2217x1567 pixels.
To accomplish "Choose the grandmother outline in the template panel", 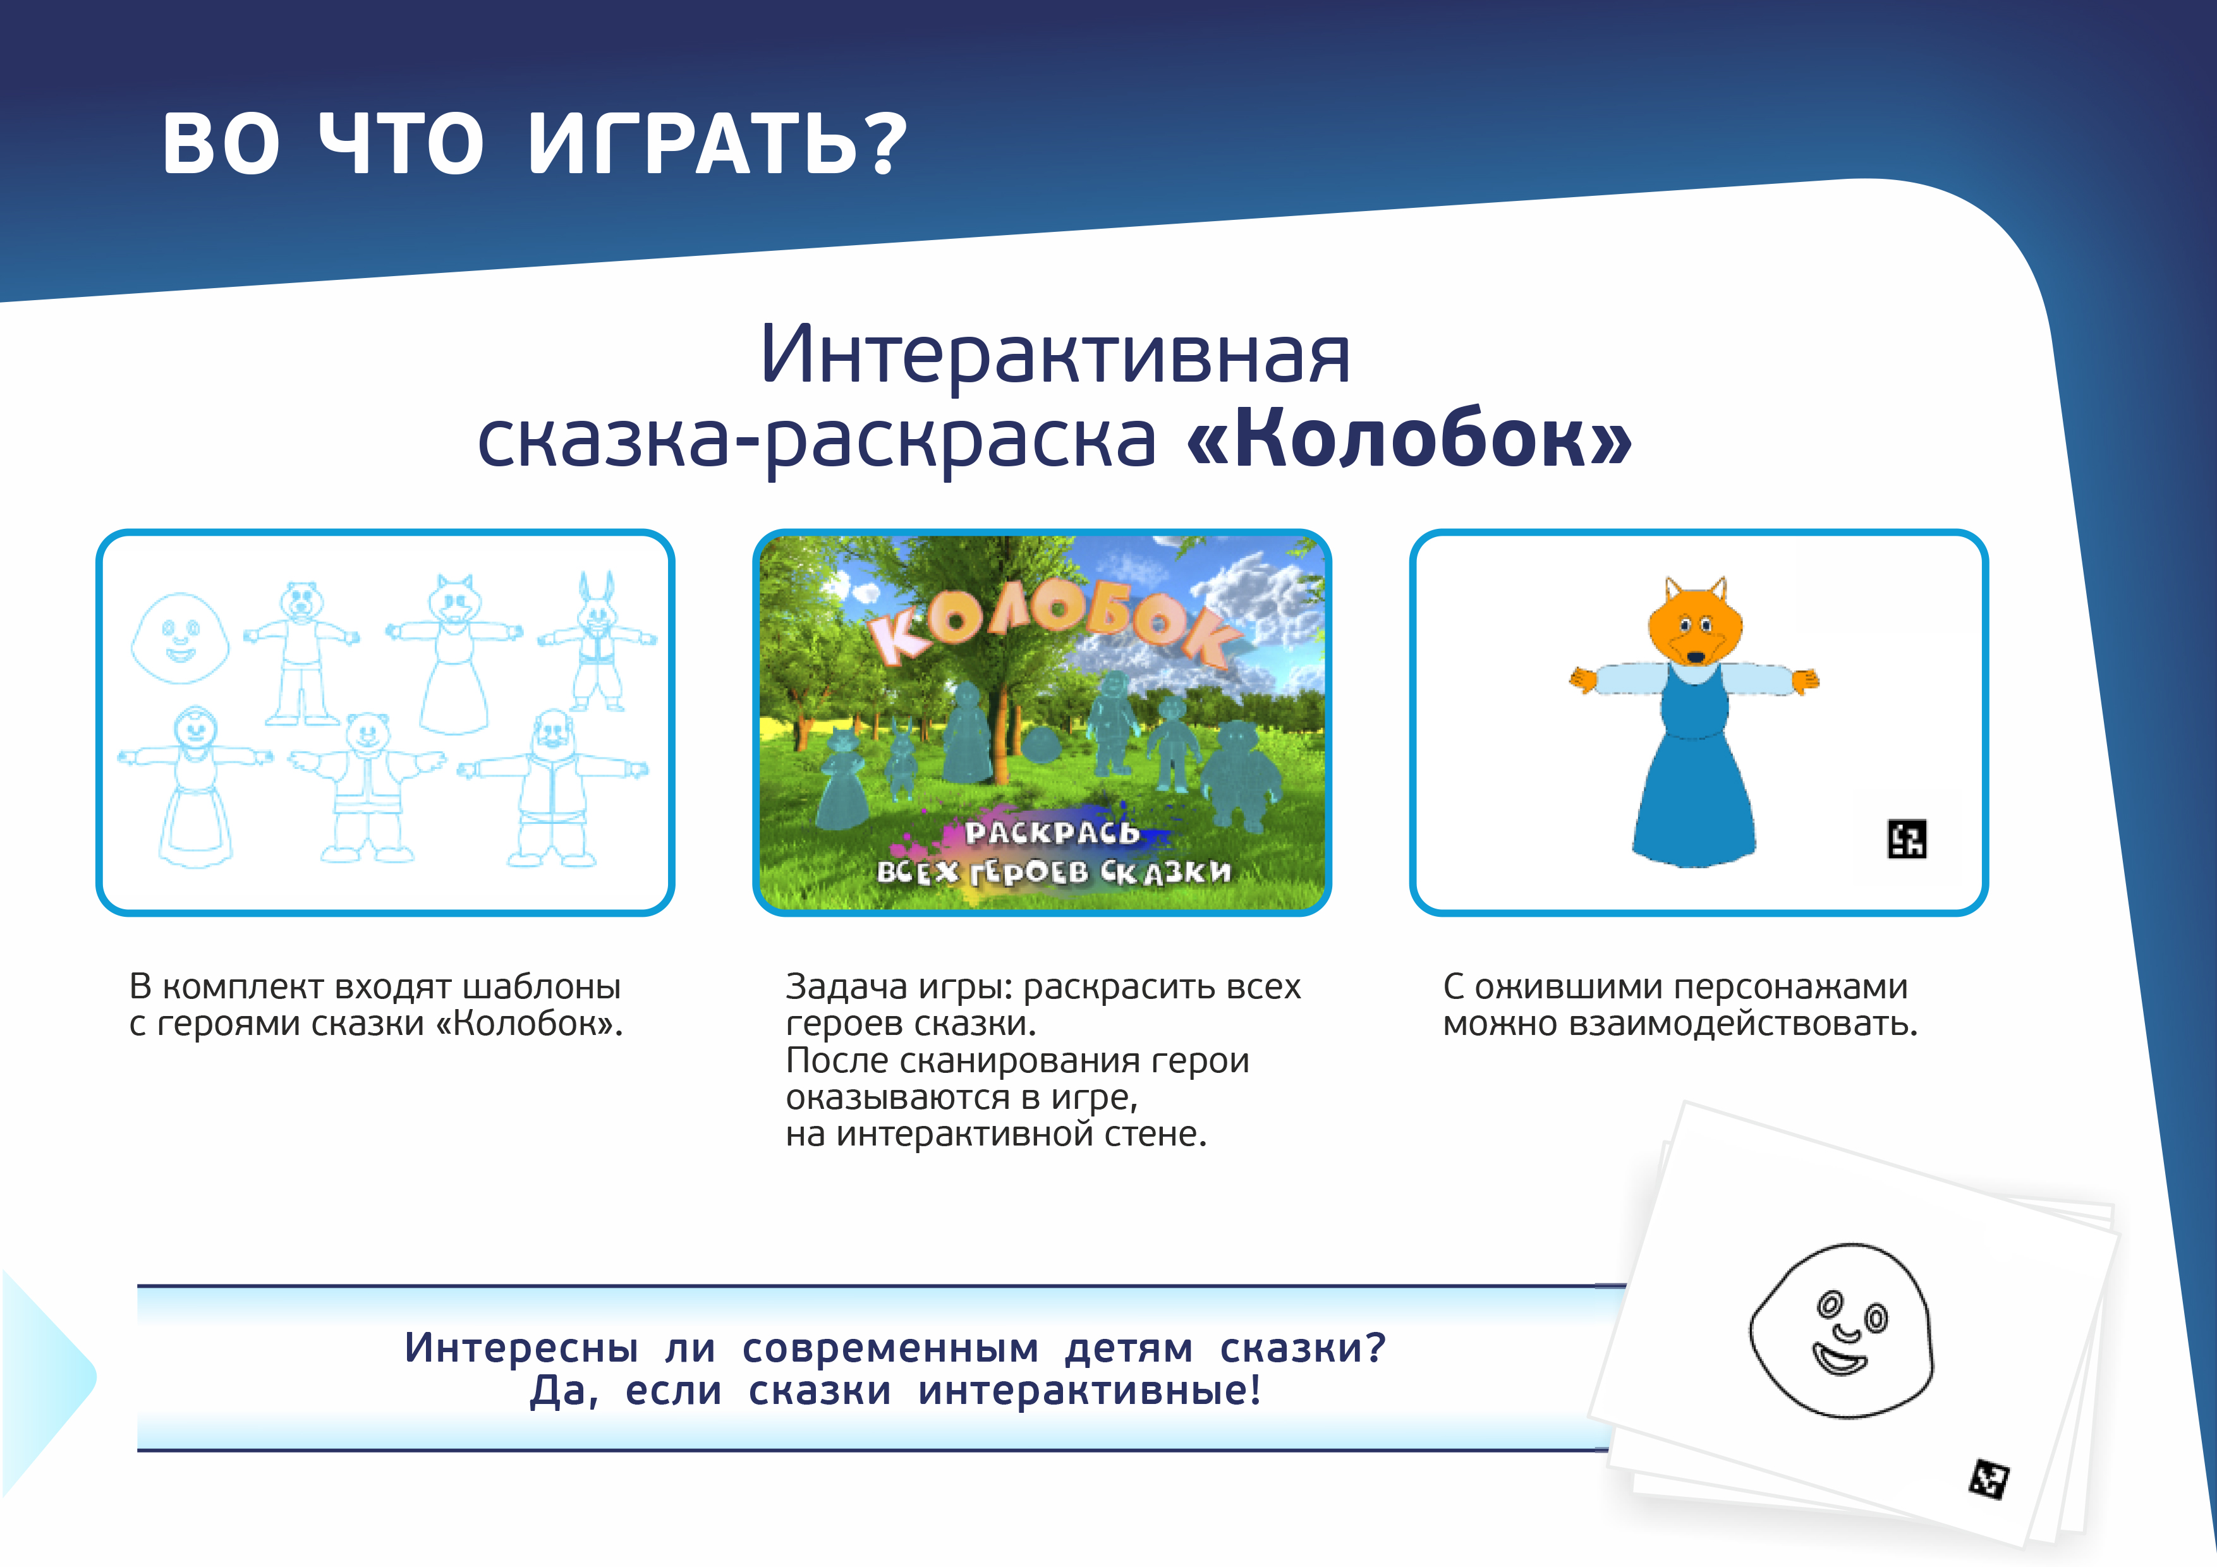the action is point(195,786).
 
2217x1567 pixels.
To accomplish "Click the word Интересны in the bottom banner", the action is point(521,1347).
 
